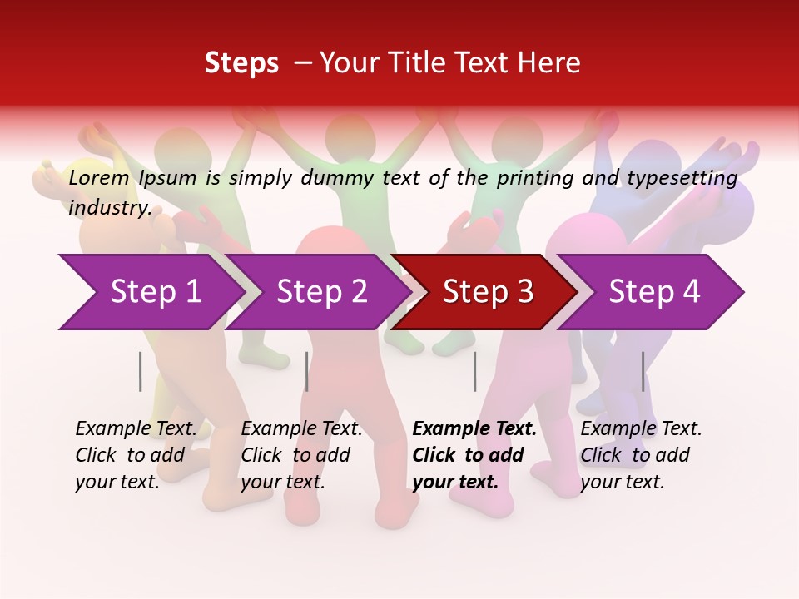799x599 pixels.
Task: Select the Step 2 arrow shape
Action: tap(321, 292)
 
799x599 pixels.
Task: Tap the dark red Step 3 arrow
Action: tap(488, 292)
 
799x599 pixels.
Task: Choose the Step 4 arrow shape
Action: tap(654, 292)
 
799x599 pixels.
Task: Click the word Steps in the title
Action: tap(241, 62)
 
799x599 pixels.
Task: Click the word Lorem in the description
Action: tap(99, 177)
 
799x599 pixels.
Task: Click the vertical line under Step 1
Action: tap(141, 371)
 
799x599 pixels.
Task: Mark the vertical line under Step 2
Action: tap(307, 371)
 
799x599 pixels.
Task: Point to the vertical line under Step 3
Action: tap(474, 371)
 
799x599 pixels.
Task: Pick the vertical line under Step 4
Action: tap(643, 371)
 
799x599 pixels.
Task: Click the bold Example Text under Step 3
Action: tap(474, 428)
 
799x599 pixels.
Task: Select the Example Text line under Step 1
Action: tap(136, 428)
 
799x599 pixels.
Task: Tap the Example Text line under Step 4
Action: tap(641, 428)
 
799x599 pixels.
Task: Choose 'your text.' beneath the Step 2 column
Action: tap(282, 482)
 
